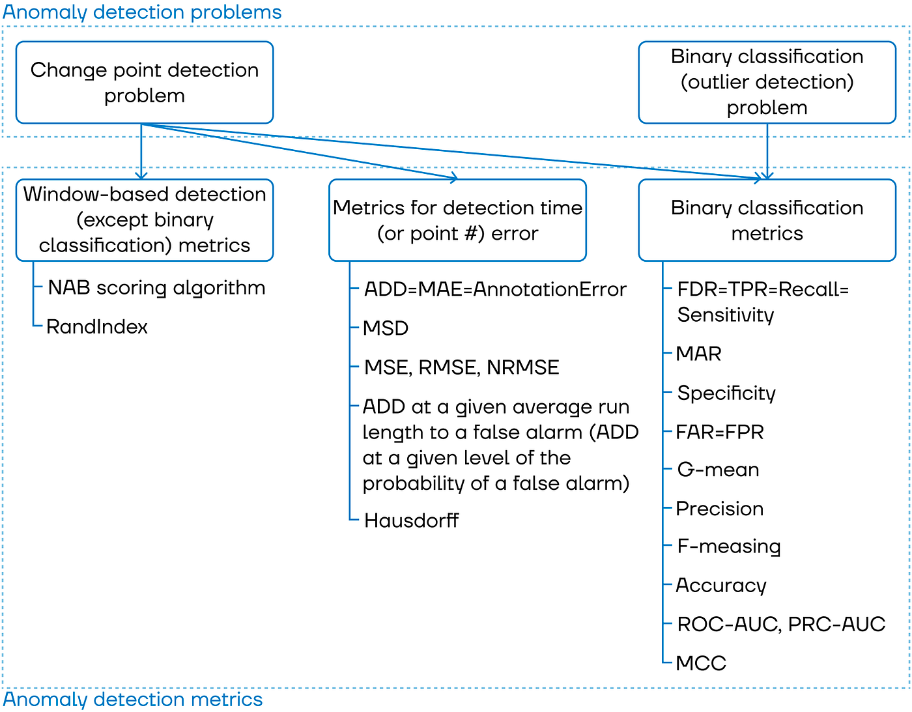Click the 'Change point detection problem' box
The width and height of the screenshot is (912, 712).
pyautogui.click(x=144, y=83)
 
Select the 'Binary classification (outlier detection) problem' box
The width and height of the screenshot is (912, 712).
pyautogui.click(x=767, y=83)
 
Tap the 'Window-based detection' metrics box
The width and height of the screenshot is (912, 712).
pyautogui.click(x=144, y=220)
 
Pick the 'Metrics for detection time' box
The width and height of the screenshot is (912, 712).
pyautogui.click(x=457, y=220)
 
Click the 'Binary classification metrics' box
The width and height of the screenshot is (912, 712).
pyautogui.click(x=767, y=220)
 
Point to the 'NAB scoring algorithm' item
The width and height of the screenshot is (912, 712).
pyautogui.click(x=156, y=288)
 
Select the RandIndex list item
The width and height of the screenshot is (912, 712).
pyautogui.click(x=97, y=326)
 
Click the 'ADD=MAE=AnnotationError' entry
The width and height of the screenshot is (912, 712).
pyautogui.click(x=495, y=289)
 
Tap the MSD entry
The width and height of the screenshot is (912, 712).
pyautogui.click(x=386, y=328)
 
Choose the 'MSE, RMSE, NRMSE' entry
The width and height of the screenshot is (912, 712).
pyautogui.click(x=461, y=367)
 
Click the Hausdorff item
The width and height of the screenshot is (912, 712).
pyautogui.click(x=411, y=520)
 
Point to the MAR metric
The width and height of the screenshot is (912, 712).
pyautogui.click(x=699, y=354)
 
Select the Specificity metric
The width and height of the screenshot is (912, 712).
pyautogui.click(x=726, y=393)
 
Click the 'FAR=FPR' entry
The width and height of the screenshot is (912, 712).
pyautogui.click(x=720, y=432)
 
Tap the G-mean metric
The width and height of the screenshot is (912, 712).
pyautogui.click(x=718, y=470)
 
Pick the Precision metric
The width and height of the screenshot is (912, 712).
pyautogui.click(x=720, y=509)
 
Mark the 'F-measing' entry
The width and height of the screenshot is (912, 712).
pyautogui.click(x=729, y=547)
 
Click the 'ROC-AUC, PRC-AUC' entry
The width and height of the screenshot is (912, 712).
pyautogui.click(x=781, y=625)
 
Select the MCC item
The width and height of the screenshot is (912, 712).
pyautogui.click(x=701, y=663)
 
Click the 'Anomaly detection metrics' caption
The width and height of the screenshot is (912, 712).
pyautogui.click(x=133, y=700)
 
